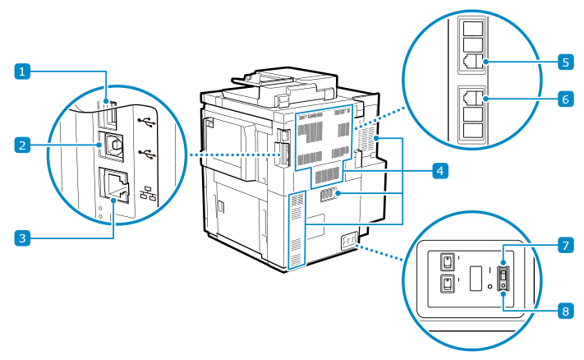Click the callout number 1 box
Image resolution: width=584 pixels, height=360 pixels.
(25, 72)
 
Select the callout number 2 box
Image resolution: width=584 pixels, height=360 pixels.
(25, 145)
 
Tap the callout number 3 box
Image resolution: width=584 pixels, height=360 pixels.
(25, 238)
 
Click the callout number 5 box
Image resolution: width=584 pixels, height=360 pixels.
(564, 62)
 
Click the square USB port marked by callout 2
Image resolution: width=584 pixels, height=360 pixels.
(112, 145)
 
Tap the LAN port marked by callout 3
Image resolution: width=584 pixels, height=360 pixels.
(113, 187)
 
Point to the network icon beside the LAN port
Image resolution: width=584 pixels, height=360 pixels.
(149, 194)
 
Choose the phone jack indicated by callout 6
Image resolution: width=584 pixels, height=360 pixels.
(474, 97)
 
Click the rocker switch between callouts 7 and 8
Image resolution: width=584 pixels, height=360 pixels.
(504, 278)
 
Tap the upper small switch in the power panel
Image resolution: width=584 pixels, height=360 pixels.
(446, 261)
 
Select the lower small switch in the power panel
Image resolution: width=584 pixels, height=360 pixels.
(446, 284)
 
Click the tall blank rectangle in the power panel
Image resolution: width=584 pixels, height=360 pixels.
(474, 278)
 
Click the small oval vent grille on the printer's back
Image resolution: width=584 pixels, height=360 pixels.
(328, 195)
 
